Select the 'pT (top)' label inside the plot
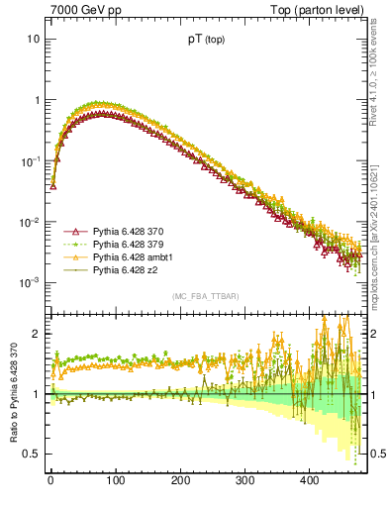coord(205,42)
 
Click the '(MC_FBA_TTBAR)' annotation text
coord(205,296)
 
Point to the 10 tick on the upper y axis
coord(33,39)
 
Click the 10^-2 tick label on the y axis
coord(30,222)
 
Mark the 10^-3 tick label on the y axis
coord(30,283)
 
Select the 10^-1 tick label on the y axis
coord(30,160)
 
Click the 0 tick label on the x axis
coord(50,480)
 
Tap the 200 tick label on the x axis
coord(179,480)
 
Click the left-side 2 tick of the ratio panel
coord(36,334)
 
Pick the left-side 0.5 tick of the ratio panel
coord(32,454)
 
